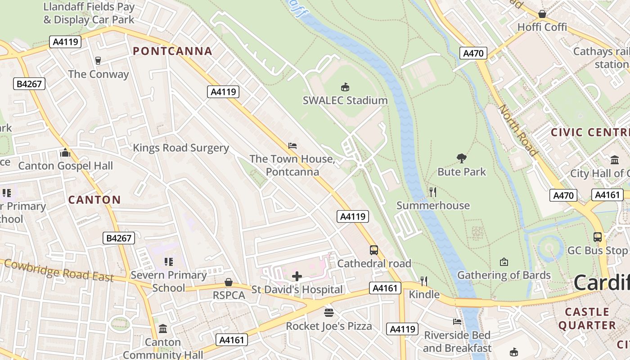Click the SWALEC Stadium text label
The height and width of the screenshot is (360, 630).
coord(345,100)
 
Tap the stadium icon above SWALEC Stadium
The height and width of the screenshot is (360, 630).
coord(345,87)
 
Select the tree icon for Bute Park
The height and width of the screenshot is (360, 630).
coord(461,158)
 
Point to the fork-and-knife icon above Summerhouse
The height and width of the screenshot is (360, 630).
coord(432,192)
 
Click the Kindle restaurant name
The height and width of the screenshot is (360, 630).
coord(424,295)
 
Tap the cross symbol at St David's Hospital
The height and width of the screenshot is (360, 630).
coord(297,276)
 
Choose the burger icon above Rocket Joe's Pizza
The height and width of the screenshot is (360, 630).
coord(329,312)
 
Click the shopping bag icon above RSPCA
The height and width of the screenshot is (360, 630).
coord(229,282)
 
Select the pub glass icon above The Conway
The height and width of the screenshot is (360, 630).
coord(98,61)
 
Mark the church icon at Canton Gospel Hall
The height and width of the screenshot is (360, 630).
coord(65,153)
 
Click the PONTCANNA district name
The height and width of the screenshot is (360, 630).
coord(173,51)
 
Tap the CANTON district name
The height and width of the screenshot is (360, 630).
coord(94,200)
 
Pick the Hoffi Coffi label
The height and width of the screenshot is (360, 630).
coord(542,27)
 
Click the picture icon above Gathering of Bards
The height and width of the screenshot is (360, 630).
coord(504,262)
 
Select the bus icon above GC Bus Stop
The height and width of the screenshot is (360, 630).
coord(597,237)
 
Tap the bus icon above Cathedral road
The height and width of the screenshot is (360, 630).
coord(374,250)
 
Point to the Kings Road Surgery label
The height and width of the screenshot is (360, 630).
coord(181,148)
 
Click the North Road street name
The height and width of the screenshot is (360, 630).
coord(518,130)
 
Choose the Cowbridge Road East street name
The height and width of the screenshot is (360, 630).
coord(58,270)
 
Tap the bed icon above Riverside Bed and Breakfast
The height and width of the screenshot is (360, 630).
coord(457,321)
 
